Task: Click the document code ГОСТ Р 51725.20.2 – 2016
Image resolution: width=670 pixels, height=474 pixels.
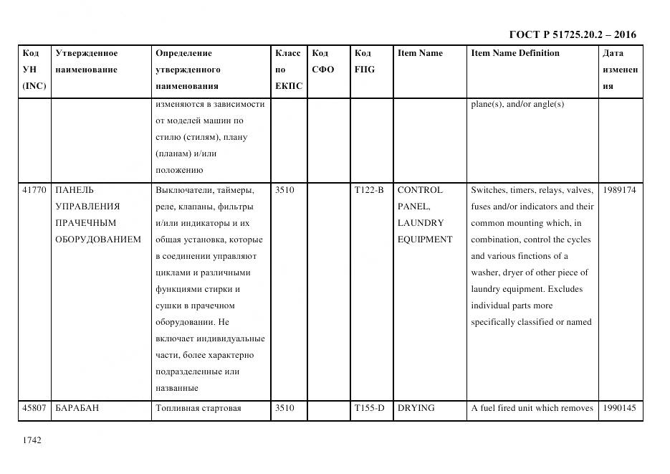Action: click(x=572, y=34)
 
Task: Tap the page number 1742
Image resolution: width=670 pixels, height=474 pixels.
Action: click(x=32, y=440)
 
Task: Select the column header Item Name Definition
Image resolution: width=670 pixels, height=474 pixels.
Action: click(x=515, y=53)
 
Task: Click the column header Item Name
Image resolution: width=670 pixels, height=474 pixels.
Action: click(x=420, y=53)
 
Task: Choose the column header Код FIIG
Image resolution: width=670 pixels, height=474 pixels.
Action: click(x=364, y=62)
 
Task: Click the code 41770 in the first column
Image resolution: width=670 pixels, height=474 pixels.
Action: click(x=35, y=190)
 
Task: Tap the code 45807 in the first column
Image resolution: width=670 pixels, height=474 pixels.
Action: click(x=35, y=408)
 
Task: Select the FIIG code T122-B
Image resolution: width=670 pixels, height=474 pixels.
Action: click(x=369, y=190)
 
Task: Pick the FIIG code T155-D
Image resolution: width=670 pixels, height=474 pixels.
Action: click(x=369, y=408)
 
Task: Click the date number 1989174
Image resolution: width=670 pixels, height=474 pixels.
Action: click(x=620, y=190)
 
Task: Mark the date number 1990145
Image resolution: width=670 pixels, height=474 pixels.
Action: click(x=620, y=408)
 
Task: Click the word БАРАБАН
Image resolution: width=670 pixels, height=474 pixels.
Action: click(x=77, y=408)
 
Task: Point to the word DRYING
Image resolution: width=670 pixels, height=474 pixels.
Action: click(x=416, y=408)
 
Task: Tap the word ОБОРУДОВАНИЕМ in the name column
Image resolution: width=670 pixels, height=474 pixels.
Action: click(x=98, y=240)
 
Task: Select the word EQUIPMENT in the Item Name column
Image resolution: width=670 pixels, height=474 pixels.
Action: click(x=425, y=240)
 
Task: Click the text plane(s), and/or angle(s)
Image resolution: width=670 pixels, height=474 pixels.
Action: click(x=517, y=104)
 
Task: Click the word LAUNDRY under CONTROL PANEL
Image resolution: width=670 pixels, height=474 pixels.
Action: click(x=421, y=223)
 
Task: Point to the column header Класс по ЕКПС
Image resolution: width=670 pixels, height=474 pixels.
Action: click(x=288, y=70)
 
